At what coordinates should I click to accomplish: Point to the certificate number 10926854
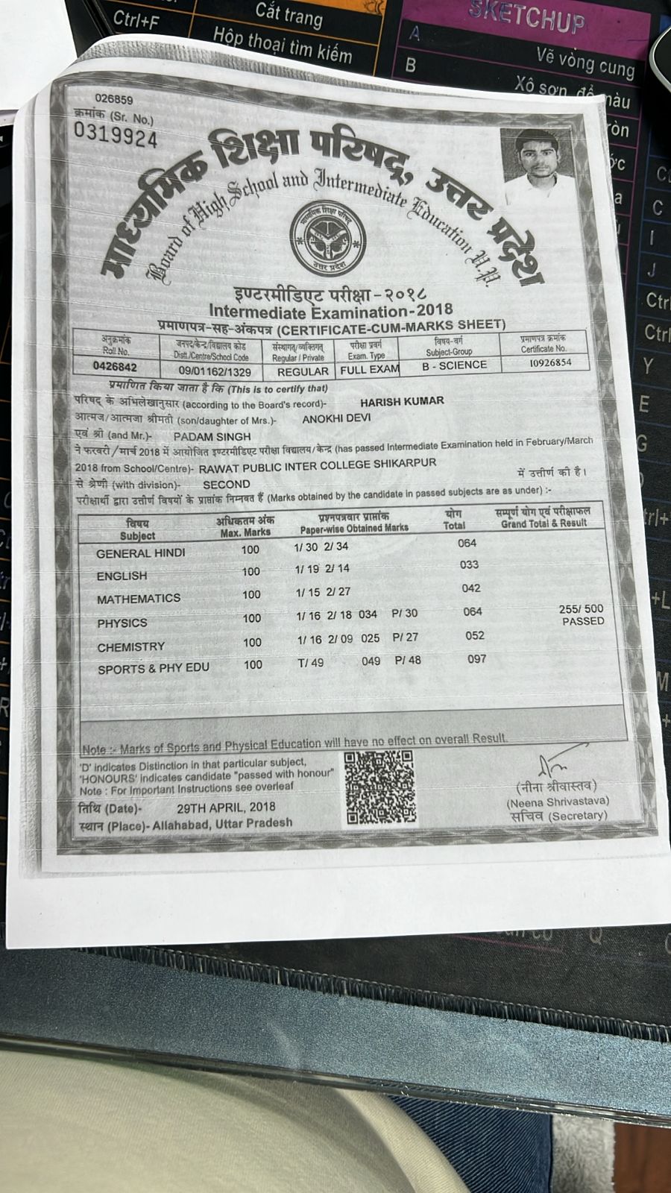pyautogui.click(x=550, y=362)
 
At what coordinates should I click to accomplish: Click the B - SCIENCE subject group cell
pyautogui.click(x=454, y=365)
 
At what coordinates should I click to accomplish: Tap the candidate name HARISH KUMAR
pyautogui.click(x=402, y=401)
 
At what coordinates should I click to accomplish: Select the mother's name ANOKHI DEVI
pyautogui.click(x=336, y=418)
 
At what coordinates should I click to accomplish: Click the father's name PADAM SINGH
pyautogui.click(x=212, y=436)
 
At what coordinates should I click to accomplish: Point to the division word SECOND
pyautogui.click(x=226, y=484)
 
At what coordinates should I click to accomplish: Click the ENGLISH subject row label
pyautogui.click(x=122, y=576)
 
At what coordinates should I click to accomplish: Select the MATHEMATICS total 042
pyautogui.click(x=471, y=588)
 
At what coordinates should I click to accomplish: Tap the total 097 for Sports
pyautogui.click(x=476, y=659)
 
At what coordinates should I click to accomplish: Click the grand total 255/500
pyautogui.click(x=582, y=609)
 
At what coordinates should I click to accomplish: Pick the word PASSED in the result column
pyautogui.click(x=583, y=621)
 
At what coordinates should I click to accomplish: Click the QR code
pyautogui.click(x=380, y=787)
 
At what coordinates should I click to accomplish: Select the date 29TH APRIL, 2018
pyautogui.click(x=226, y=807)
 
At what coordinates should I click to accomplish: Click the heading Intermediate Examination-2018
pyautogui.click(x=330, y=311)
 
